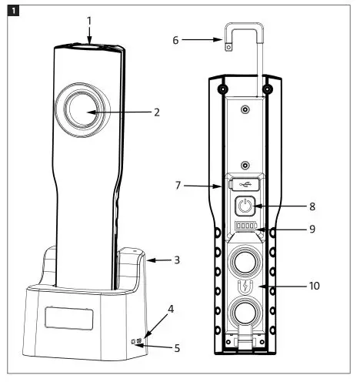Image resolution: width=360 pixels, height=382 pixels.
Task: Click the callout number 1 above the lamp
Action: click(89, 21)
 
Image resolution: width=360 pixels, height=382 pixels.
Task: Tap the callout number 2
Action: click(157, 112)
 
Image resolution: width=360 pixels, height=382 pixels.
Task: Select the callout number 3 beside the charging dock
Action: click(177, 260)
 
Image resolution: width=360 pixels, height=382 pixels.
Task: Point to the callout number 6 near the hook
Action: click(175, 39)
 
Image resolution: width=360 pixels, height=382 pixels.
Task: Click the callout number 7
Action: click(178, 186)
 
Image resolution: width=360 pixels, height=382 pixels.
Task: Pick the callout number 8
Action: click(312, 206)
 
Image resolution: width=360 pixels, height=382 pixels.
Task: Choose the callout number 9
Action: click(312, 229)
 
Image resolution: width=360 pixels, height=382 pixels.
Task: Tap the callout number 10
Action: click(315, 286)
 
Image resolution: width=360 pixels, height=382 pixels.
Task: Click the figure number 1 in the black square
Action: click(14, 11)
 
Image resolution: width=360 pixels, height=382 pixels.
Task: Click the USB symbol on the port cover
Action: click(245, 184)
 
